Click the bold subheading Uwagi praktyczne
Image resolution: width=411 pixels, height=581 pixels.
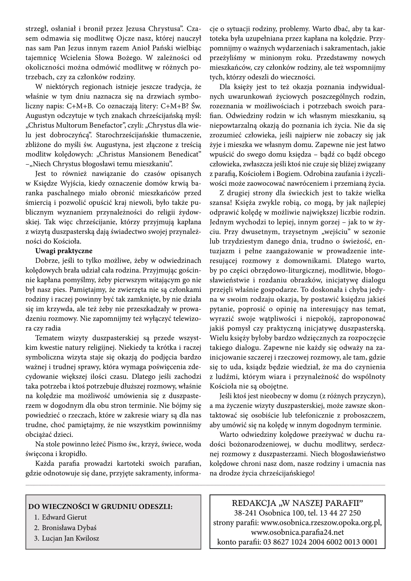(x=64, y=251)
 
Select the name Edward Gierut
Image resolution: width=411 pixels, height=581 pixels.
(x=64, y=517)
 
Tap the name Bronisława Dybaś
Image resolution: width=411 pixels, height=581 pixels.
(x=69, y=528)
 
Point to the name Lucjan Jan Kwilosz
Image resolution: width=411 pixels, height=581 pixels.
(x=70, y=538)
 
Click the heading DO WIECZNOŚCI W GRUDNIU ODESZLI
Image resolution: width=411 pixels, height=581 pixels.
(x=100, y=506)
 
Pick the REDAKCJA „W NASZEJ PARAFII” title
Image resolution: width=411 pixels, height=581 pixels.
(x=297, y=503)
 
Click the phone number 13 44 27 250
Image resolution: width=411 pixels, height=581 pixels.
(x=340, y=513)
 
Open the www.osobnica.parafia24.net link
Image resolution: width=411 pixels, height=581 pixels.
(x=297, y=532)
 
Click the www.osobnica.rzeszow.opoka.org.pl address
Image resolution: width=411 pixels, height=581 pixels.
(x=321, y=523)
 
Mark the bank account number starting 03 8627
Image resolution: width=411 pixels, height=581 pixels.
(x=320, y=542)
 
